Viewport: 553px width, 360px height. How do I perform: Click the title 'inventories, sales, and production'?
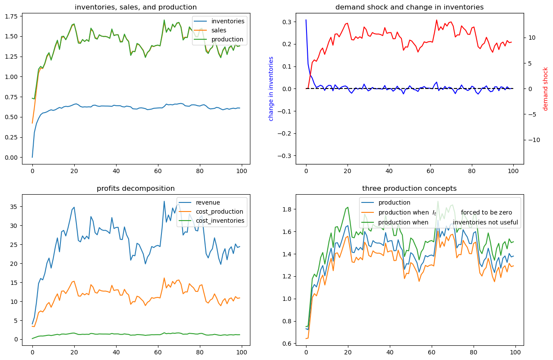[136, 7]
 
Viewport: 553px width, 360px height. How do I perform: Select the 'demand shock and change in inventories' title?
[409, 7]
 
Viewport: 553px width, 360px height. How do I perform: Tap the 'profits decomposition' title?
[136, 188]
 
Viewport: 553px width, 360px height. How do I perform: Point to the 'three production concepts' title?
[409, 188]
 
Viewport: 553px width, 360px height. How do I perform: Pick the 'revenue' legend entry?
[208, 202]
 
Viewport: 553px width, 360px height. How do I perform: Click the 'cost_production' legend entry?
[219, 212]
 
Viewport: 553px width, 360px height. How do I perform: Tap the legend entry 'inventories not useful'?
[485, 222]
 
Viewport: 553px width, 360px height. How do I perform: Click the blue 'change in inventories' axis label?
[271, 88]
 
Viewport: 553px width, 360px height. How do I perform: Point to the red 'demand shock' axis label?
[545, 88]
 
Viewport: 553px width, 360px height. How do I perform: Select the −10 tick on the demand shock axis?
[531, 140]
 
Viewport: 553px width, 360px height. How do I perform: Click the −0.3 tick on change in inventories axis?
[285, 155]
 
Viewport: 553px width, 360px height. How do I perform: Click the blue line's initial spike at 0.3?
[306, 20]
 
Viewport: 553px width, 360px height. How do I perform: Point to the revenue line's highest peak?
[164, 201]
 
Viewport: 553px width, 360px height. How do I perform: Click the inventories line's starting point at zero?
[32, 157]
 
